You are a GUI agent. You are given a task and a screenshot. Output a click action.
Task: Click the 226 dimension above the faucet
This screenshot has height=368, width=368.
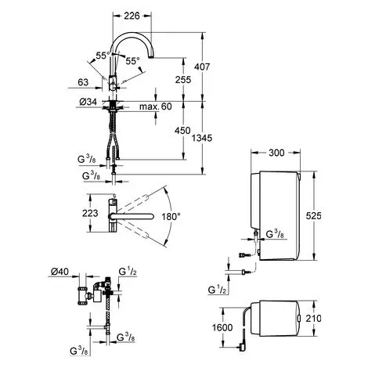pyautogui.click(x=132, y=16)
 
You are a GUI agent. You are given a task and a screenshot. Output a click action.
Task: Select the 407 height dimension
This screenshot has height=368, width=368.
pyautogui.click(x=202, y=67)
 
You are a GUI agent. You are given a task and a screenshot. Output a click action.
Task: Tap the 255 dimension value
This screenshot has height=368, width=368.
pyautogui.click(x=183, y=80)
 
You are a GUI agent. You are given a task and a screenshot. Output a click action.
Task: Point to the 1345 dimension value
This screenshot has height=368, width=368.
pyautogui.click(x=202, y=138)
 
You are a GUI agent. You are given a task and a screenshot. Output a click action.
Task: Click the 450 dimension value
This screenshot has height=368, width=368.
pyautogui.click(x=182, y=131)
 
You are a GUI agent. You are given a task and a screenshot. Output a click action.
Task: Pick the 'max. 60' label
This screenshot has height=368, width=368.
pyautogui.click(x=156, y=106)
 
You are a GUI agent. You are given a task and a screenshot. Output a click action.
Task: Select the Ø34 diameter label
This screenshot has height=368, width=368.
pyautogui.click(x=88, y=102)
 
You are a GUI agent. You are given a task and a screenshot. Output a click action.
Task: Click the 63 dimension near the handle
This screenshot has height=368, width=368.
pyautogui.click(x=83, y=82)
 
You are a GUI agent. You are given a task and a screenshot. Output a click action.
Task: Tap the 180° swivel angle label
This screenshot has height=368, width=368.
pyautogui.click(x=171, y=216)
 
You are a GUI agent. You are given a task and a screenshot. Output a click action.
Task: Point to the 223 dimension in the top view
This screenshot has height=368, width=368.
pyautogui.click(x=90, y=213)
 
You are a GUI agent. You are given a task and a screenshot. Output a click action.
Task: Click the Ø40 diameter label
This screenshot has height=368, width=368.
pyautogui.click(x=60, y=272)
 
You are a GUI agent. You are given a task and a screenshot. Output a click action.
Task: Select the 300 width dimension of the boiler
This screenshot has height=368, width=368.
pyautogui.click(x=276, y=153)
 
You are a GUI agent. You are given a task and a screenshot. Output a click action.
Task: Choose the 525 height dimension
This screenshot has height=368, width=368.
pyautogui.click(x=314, y=216)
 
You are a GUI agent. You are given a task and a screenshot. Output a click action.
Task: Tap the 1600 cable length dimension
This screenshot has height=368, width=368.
pyautogui.click(x=222, y=327)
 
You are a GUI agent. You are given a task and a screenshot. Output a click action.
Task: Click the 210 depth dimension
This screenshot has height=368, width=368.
pyautogui.click(x=314, y=319)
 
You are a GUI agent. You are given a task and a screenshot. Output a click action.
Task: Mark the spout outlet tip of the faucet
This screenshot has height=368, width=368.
pyautogui.click(x=151, y=57)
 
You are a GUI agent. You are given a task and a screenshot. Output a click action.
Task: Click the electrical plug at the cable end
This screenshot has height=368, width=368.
pyautogui.click(x=241, y=347)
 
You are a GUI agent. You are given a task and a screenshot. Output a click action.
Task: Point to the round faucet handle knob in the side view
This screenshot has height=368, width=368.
pyautogui.click(x=113, y=87)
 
